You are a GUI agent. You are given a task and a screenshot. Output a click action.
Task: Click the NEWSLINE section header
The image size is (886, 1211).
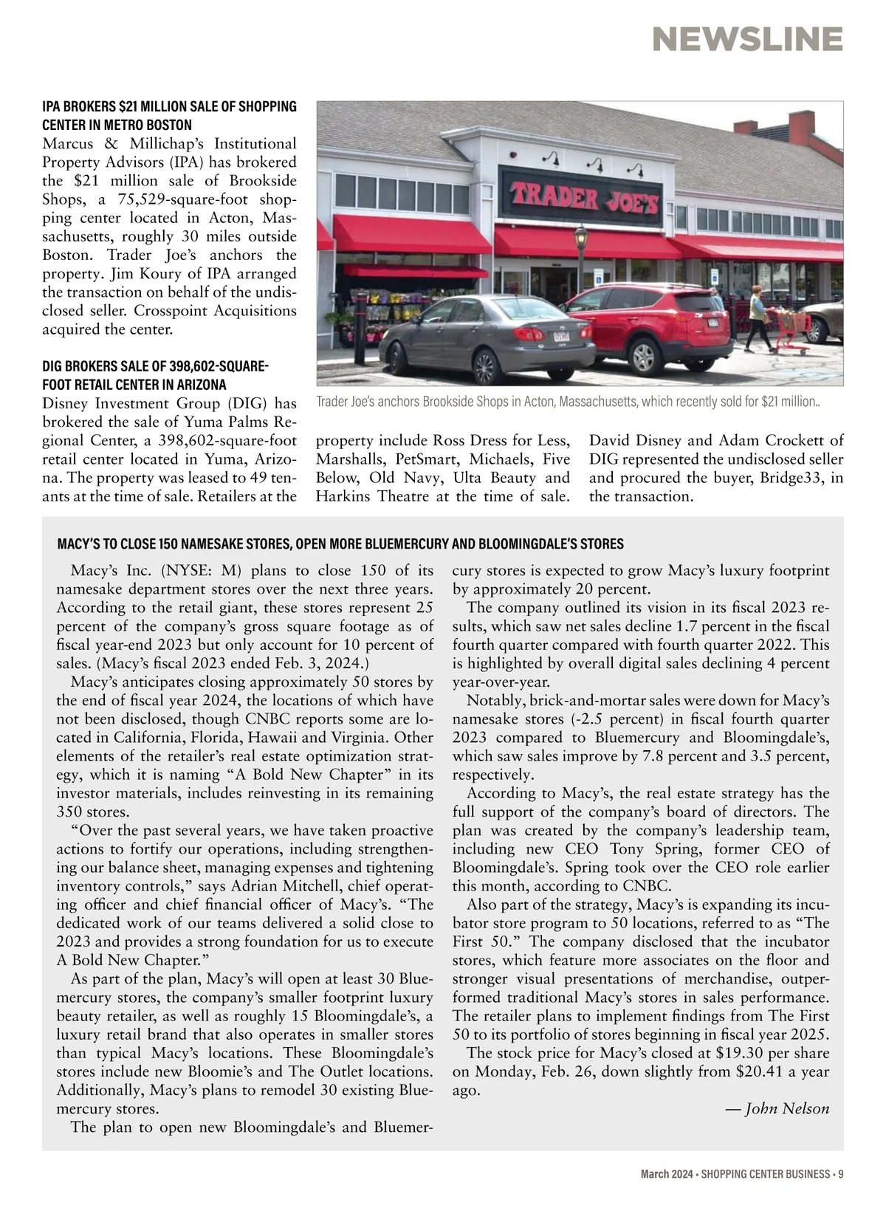click(747, 39)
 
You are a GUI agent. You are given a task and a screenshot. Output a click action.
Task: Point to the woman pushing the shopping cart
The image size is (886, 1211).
click(758, 316)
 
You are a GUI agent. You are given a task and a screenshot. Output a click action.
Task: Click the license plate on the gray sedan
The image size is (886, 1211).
click(561, 337)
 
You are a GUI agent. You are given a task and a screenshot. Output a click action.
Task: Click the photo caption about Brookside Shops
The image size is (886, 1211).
click(568, 402)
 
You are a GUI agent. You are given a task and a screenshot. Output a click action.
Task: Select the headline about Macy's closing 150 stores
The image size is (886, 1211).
click(340, 544)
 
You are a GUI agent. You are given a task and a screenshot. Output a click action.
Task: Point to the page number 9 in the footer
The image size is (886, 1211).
click(840, 1174)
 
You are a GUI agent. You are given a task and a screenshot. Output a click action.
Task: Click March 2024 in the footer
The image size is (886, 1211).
click(665, 1174)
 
